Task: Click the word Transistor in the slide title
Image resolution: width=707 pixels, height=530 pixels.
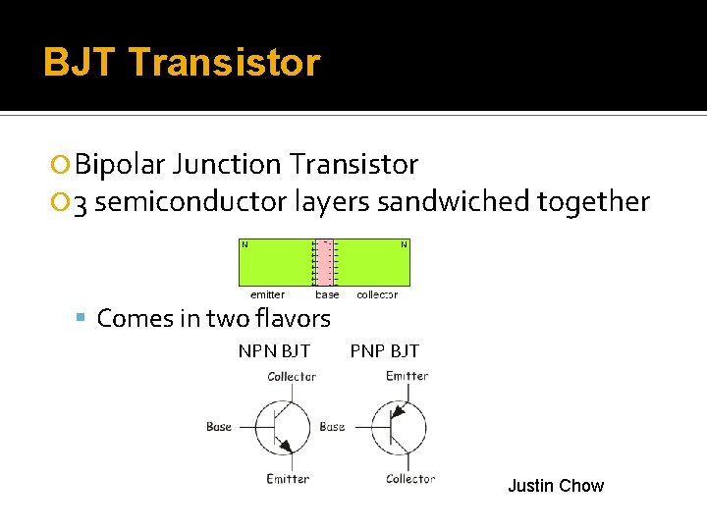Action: [x=224, y=63]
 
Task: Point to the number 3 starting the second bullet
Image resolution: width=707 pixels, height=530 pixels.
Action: [x=82, y=202]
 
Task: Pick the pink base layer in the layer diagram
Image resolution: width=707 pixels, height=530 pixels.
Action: [x=325, y=262]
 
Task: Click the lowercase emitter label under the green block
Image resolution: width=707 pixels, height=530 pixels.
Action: [x=267, y=294]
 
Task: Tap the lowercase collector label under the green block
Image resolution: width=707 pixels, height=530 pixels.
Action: [x=377, y=294]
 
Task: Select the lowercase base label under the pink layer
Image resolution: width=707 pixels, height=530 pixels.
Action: [x=327, y=294]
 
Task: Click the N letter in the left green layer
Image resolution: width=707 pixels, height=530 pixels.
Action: [x=245, y=244]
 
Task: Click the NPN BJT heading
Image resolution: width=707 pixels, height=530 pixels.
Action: [x=274, y=350]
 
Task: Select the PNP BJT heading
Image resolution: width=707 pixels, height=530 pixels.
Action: [x=384, y=350]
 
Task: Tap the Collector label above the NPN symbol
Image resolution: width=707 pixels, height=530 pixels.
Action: [x=292, y=376]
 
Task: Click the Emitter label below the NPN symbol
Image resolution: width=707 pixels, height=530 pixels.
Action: [x=288, y=479]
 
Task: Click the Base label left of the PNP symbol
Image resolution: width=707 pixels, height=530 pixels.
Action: [x=332, y=427]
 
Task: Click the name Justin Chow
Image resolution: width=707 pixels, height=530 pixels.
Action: [x=555, y=486]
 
